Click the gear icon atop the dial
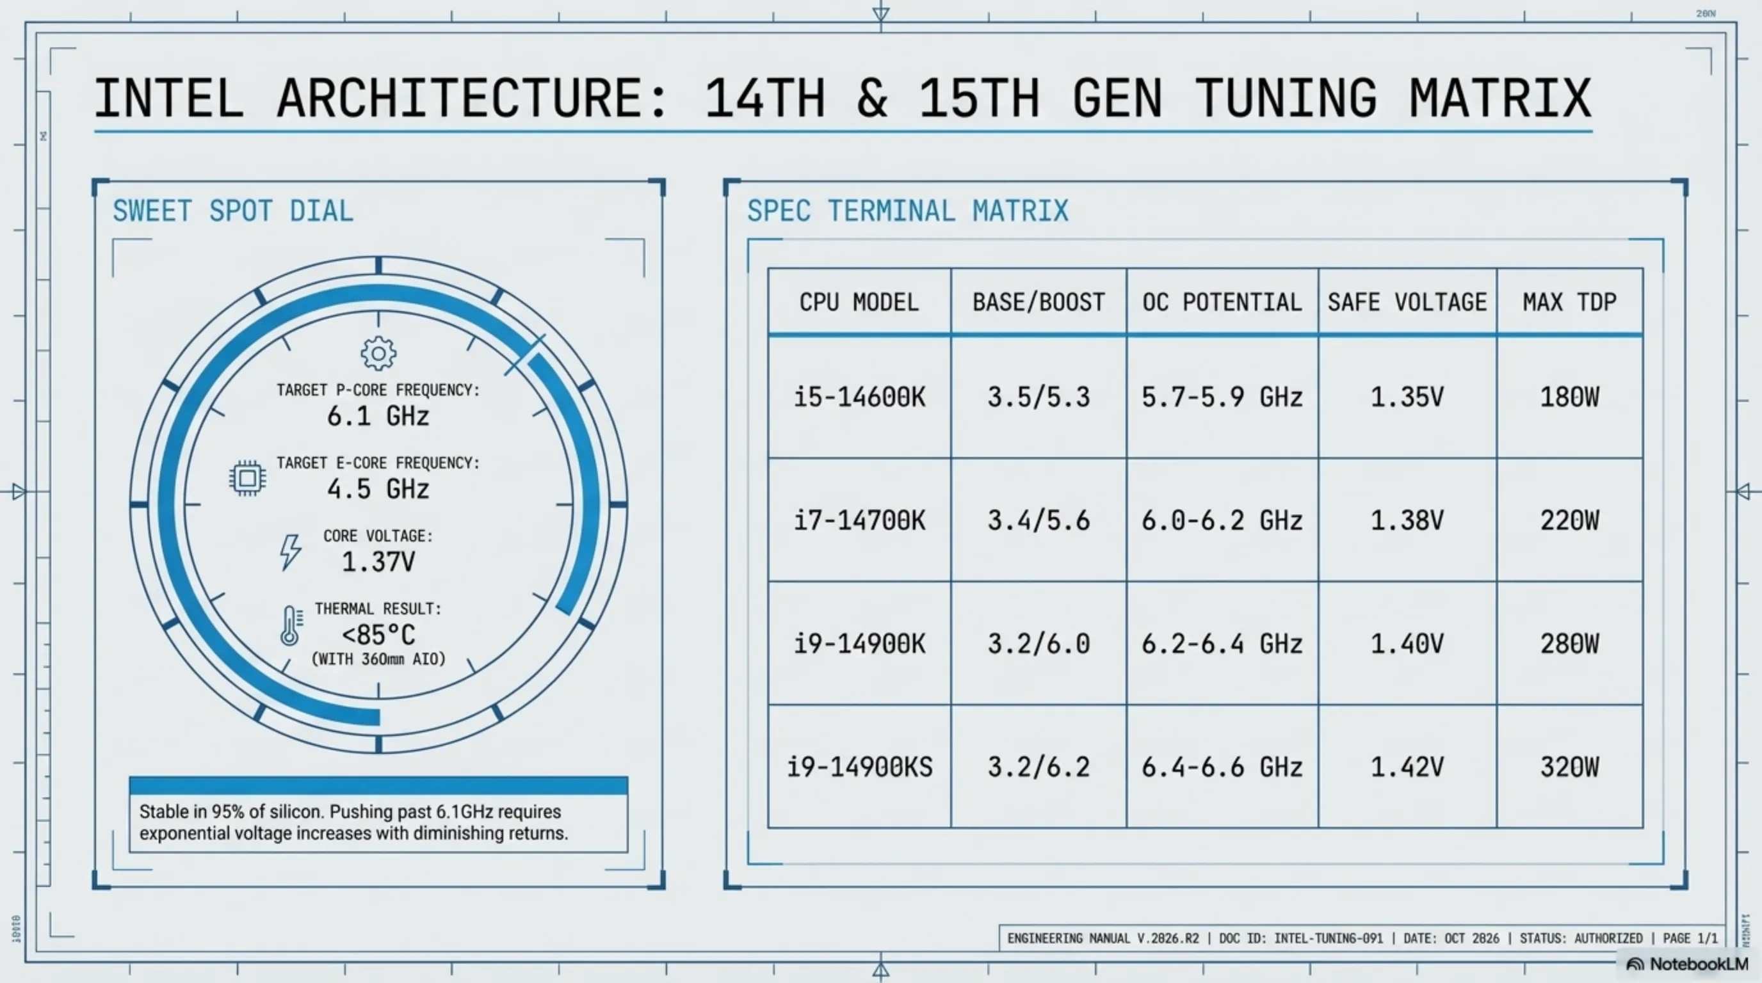pos(378,353)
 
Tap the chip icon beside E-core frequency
pos(248,477)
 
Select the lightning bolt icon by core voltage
pos(291,552)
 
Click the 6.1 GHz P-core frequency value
pos(378,415)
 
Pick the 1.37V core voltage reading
pos(378,562)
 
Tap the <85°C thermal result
pos(378,635)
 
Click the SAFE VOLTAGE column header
pos(1407,302)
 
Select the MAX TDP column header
pos(1569,302)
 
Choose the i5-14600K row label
pos(859,397)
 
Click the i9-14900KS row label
pos(859,767)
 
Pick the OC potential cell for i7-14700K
pos(1222,521)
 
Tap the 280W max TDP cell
pos(1569,644)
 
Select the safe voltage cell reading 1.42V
pos(1407,767)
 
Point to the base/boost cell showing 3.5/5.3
pos(1039,397)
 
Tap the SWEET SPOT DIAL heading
pos(233,211)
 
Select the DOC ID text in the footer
pos(1300,939)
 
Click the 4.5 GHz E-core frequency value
pos(378,489)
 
